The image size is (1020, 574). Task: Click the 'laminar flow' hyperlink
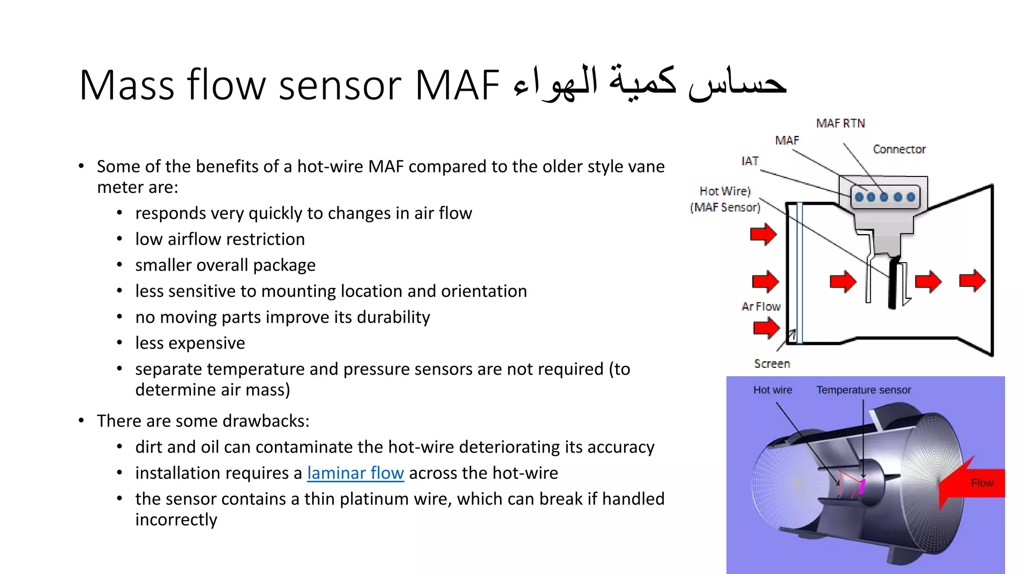click(355, 473)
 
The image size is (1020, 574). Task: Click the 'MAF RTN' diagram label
click(840, 123)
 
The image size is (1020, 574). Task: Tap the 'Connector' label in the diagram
click(899, 149)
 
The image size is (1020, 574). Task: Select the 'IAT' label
click(750, 161)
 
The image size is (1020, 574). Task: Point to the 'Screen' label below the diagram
click(771, 364)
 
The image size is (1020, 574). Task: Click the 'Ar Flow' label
click(761, 306)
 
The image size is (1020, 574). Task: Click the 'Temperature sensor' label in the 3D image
click(863, 390)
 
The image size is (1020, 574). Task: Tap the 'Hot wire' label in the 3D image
click(772, 390)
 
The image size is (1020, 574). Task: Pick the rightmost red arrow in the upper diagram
click(972, 281)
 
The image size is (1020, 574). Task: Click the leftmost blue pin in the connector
click(859, 197)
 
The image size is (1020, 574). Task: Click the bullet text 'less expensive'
click(190, 343)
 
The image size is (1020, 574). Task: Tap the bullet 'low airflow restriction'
click(220, 239)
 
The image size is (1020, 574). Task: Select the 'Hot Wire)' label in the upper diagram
click(725, 191)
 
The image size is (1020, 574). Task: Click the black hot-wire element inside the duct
click(893, 284)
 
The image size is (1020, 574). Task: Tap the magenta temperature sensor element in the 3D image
click(862, 486)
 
